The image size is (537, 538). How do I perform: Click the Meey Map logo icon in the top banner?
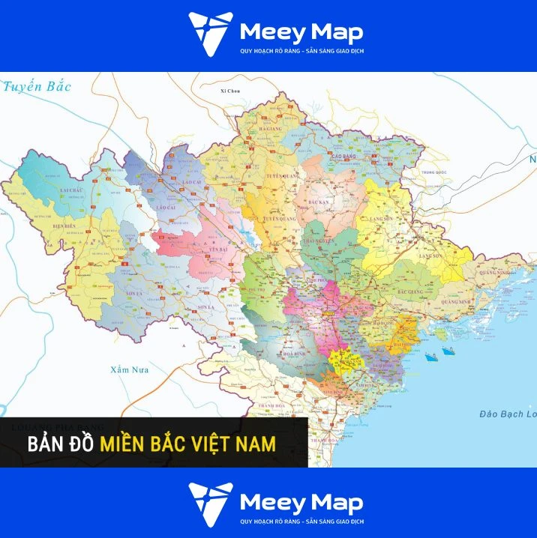[x=211, y=34]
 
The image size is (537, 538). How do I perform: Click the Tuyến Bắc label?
[x=37, y=86]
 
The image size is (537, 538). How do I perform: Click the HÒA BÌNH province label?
[x=268, y=352]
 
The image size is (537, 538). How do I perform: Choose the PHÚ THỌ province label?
[x=257, y=287]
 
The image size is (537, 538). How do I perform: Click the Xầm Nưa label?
[x=130, y=370]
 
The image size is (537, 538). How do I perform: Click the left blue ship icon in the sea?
[x=431, y=357]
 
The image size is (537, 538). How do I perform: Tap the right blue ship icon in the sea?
[x=448, y=349]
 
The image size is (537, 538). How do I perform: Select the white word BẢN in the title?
[x=43, y=444]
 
